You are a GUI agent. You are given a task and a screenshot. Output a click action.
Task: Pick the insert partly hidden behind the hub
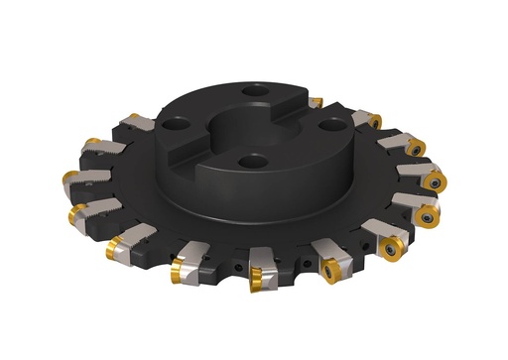tap(316, 101)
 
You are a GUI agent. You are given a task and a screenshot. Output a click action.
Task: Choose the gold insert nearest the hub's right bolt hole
tap(375, 121)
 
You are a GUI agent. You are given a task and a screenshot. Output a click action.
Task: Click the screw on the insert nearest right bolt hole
tap(376, 121)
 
